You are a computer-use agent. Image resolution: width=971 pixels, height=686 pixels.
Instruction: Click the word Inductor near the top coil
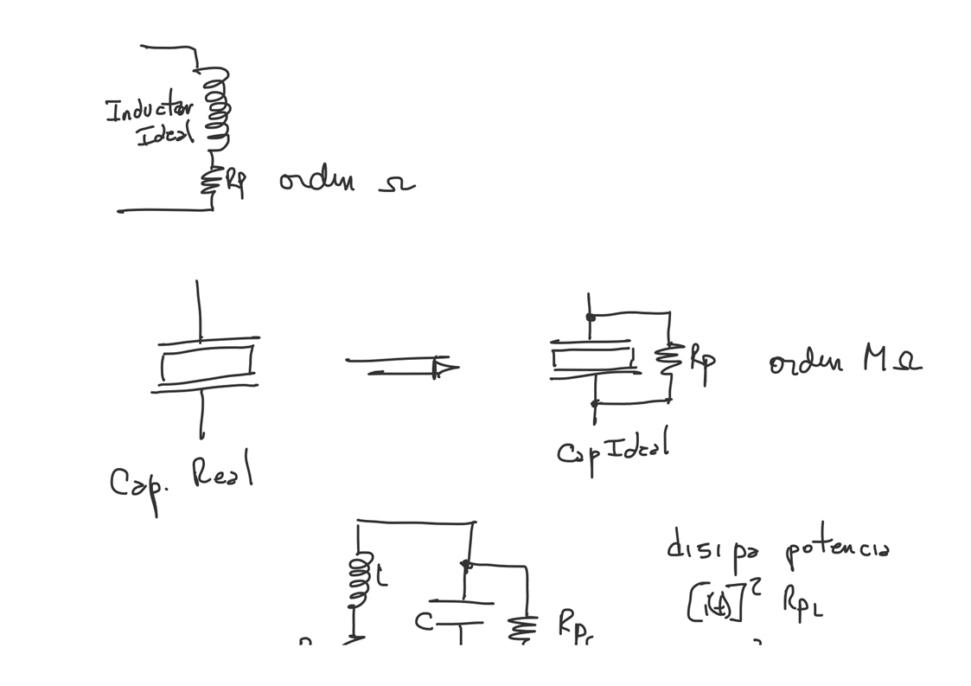(149, 110)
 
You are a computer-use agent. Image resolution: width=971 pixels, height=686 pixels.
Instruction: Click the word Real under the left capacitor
(222, 473)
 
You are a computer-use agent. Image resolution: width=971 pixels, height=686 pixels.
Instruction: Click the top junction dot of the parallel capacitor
(591, 317)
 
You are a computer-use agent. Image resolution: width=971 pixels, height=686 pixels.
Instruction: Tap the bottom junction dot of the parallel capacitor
(594, 403)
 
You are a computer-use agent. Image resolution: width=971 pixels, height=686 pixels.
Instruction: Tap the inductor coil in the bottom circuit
(356, 578)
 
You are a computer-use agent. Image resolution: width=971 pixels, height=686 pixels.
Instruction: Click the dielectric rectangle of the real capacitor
(207, 362)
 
